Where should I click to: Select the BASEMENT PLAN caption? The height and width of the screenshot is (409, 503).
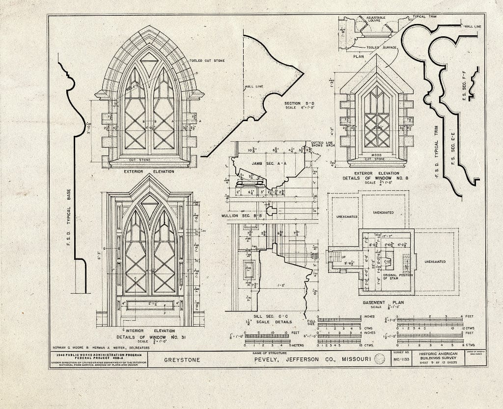pyautogui.click(x=384, y=303)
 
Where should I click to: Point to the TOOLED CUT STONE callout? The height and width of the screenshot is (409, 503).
pyautogui.click(x=207, y=61)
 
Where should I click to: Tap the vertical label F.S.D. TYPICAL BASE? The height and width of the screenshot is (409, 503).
pyautogui.click(x=69, y=211)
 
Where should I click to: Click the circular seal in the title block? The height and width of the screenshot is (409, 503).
pyautogui.click(x=379, y=359)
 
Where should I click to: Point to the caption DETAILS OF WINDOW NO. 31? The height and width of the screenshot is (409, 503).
pyautogui.click(x=150, y=337)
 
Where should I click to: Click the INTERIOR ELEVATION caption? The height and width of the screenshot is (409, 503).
pyautogui.click(x=150, y=331)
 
